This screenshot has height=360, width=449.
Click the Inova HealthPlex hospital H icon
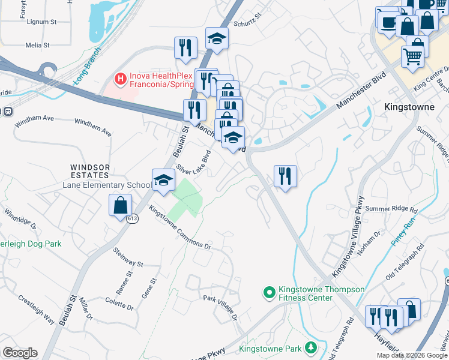pos(121,79)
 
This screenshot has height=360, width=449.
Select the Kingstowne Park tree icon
pos(310,347)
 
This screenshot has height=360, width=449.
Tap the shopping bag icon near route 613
pos(121,205)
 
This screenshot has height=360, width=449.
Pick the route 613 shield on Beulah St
pos(132,219)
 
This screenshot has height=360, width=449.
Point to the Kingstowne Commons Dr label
pos(180,228)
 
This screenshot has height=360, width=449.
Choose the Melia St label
pos(37,45)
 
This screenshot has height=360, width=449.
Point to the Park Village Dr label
pos(220,307)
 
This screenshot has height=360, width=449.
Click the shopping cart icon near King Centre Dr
pos(412,56)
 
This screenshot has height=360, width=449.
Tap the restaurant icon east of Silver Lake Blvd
pos(285,176)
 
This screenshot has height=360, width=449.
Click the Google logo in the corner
pos(20,353)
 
